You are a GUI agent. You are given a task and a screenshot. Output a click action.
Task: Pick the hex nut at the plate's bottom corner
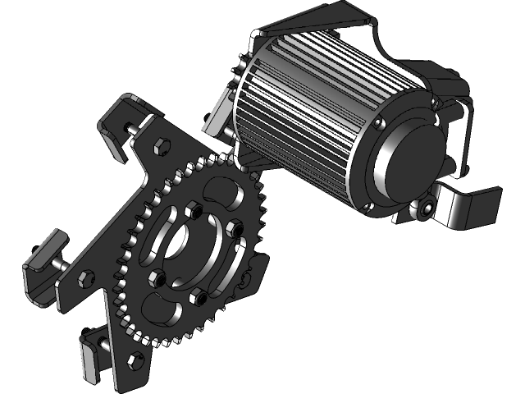pos(128,355)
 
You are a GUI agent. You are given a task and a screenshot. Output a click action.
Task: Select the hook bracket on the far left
pos(41,263)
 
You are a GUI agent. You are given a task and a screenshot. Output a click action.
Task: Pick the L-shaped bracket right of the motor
pos(468,205)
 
